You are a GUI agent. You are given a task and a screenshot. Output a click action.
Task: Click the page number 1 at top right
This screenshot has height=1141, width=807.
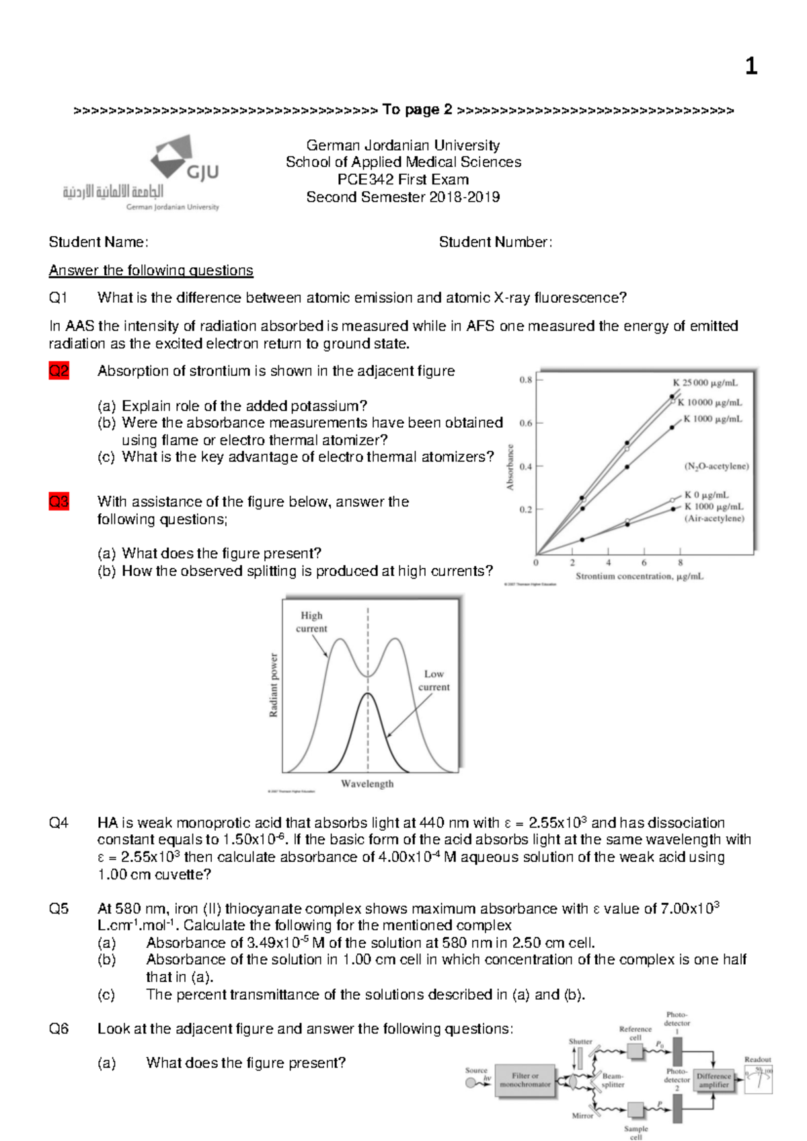751,66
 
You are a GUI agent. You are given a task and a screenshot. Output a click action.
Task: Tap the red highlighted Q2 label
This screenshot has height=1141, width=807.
59,371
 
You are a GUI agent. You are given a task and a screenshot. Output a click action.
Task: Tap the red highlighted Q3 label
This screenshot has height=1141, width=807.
59,501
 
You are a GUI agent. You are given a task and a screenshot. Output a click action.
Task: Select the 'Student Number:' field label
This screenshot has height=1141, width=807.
495,242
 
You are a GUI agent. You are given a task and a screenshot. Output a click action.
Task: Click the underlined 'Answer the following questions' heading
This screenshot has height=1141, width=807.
151,270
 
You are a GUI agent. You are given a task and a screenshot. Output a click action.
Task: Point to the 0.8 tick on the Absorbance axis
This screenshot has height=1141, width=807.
526,380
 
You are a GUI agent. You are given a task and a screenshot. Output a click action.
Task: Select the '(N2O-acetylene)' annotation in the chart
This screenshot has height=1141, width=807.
716,466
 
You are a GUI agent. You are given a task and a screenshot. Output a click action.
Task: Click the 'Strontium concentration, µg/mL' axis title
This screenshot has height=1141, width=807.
639,577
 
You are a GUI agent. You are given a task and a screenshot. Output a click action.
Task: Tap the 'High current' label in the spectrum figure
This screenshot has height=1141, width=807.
311,622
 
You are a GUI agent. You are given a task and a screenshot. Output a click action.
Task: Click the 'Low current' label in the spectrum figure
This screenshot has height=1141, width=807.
434,680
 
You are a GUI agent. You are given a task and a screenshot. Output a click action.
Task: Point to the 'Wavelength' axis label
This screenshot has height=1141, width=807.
367,784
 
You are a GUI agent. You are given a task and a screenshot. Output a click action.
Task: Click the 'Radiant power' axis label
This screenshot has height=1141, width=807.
274,685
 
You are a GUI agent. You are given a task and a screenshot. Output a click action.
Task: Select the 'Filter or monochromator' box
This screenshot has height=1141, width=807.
525,1080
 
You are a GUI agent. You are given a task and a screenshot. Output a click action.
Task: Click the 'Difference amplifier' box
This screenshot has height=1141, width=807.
714,1080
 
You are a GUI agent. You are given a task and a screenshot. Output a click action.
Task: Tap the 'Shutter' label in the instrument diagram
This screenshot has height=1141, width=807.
580,1041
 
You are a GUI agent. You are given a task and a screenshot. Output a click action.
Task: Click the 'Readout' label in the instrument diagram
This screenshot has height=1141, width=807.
757,1060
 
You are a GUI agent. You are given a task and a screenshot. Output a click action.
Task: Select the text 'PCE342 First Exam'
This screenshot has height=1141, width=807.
403,180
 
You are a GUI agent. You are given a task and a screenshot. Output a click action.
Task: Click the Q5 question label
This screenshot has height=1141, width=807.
59,909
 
